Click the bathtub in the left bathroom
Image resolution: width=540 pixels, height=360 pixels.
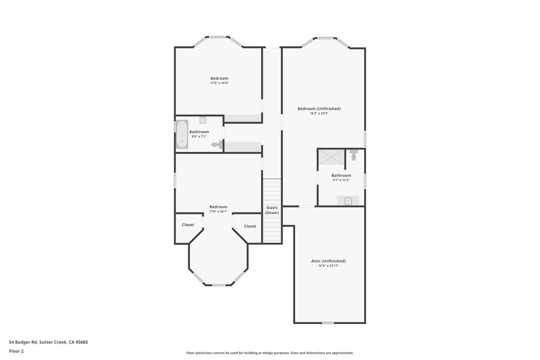pyautogui.click(x=182, y=134)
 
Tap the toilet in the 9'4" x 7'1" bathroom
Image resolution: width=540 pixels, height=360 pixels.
pyautogui.click(x=217, y=144)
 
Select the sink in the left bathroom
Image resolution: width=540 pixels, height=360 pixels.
pyautogui.click(x=203, y=120)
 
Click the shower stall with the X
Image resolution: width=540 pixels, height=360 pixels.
pyautogui.click(x=332, y=157)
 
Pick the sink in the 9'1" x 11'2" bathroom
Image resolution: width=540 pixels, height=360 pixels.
pyautogui.click(x=348, y=201)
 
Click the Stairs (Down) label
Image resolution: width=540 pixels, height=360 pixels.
pyautogui.click(x=272, y=210)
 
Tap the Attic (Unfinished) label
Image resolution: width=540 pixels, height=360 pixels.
pyautogui.click(x=328, y=261)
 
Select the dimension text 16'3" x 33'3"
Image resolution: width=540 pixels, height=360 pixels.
pyautogui.click(x=319, y=113)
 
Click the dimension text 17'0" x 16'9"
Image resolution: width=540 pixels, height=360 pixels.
pyautogui.click(x=219, y=83)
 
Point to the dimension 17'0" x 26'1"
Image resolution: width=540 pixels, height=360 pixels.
pyautogui.click(x=218, y=211)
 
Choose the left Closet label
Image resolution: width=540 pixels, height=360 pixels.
pyautogui.click(x=188, y=225)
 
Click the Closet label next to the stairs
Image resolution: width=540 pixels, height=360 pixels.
pyautogui.click(x=250, y=226)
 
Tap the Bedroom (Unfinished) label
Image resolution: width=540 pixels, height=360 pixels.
pyautogui.click(x=319, y=108)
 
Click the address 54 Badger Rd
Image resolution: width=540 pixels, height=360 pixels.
pyautogui.click(x=23, y=342)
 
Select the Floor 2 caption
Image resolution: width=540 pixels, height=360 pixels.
pyautogui.click(x=17, y=351)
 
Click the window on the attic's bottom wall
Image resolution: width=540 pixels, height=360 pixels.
pyautogui.click(x=328, y=323)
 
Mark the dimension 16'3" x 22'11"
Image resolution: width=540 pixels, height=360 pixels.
pyautogui.click(x=328, y=266)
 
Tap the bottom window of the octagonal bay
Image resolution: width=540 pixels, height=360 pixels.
pyautogui.click(x=219, y=285)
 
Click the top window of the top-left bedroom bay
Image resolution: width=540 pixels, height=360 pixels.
pyautogui.click(x=217, y=37)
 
